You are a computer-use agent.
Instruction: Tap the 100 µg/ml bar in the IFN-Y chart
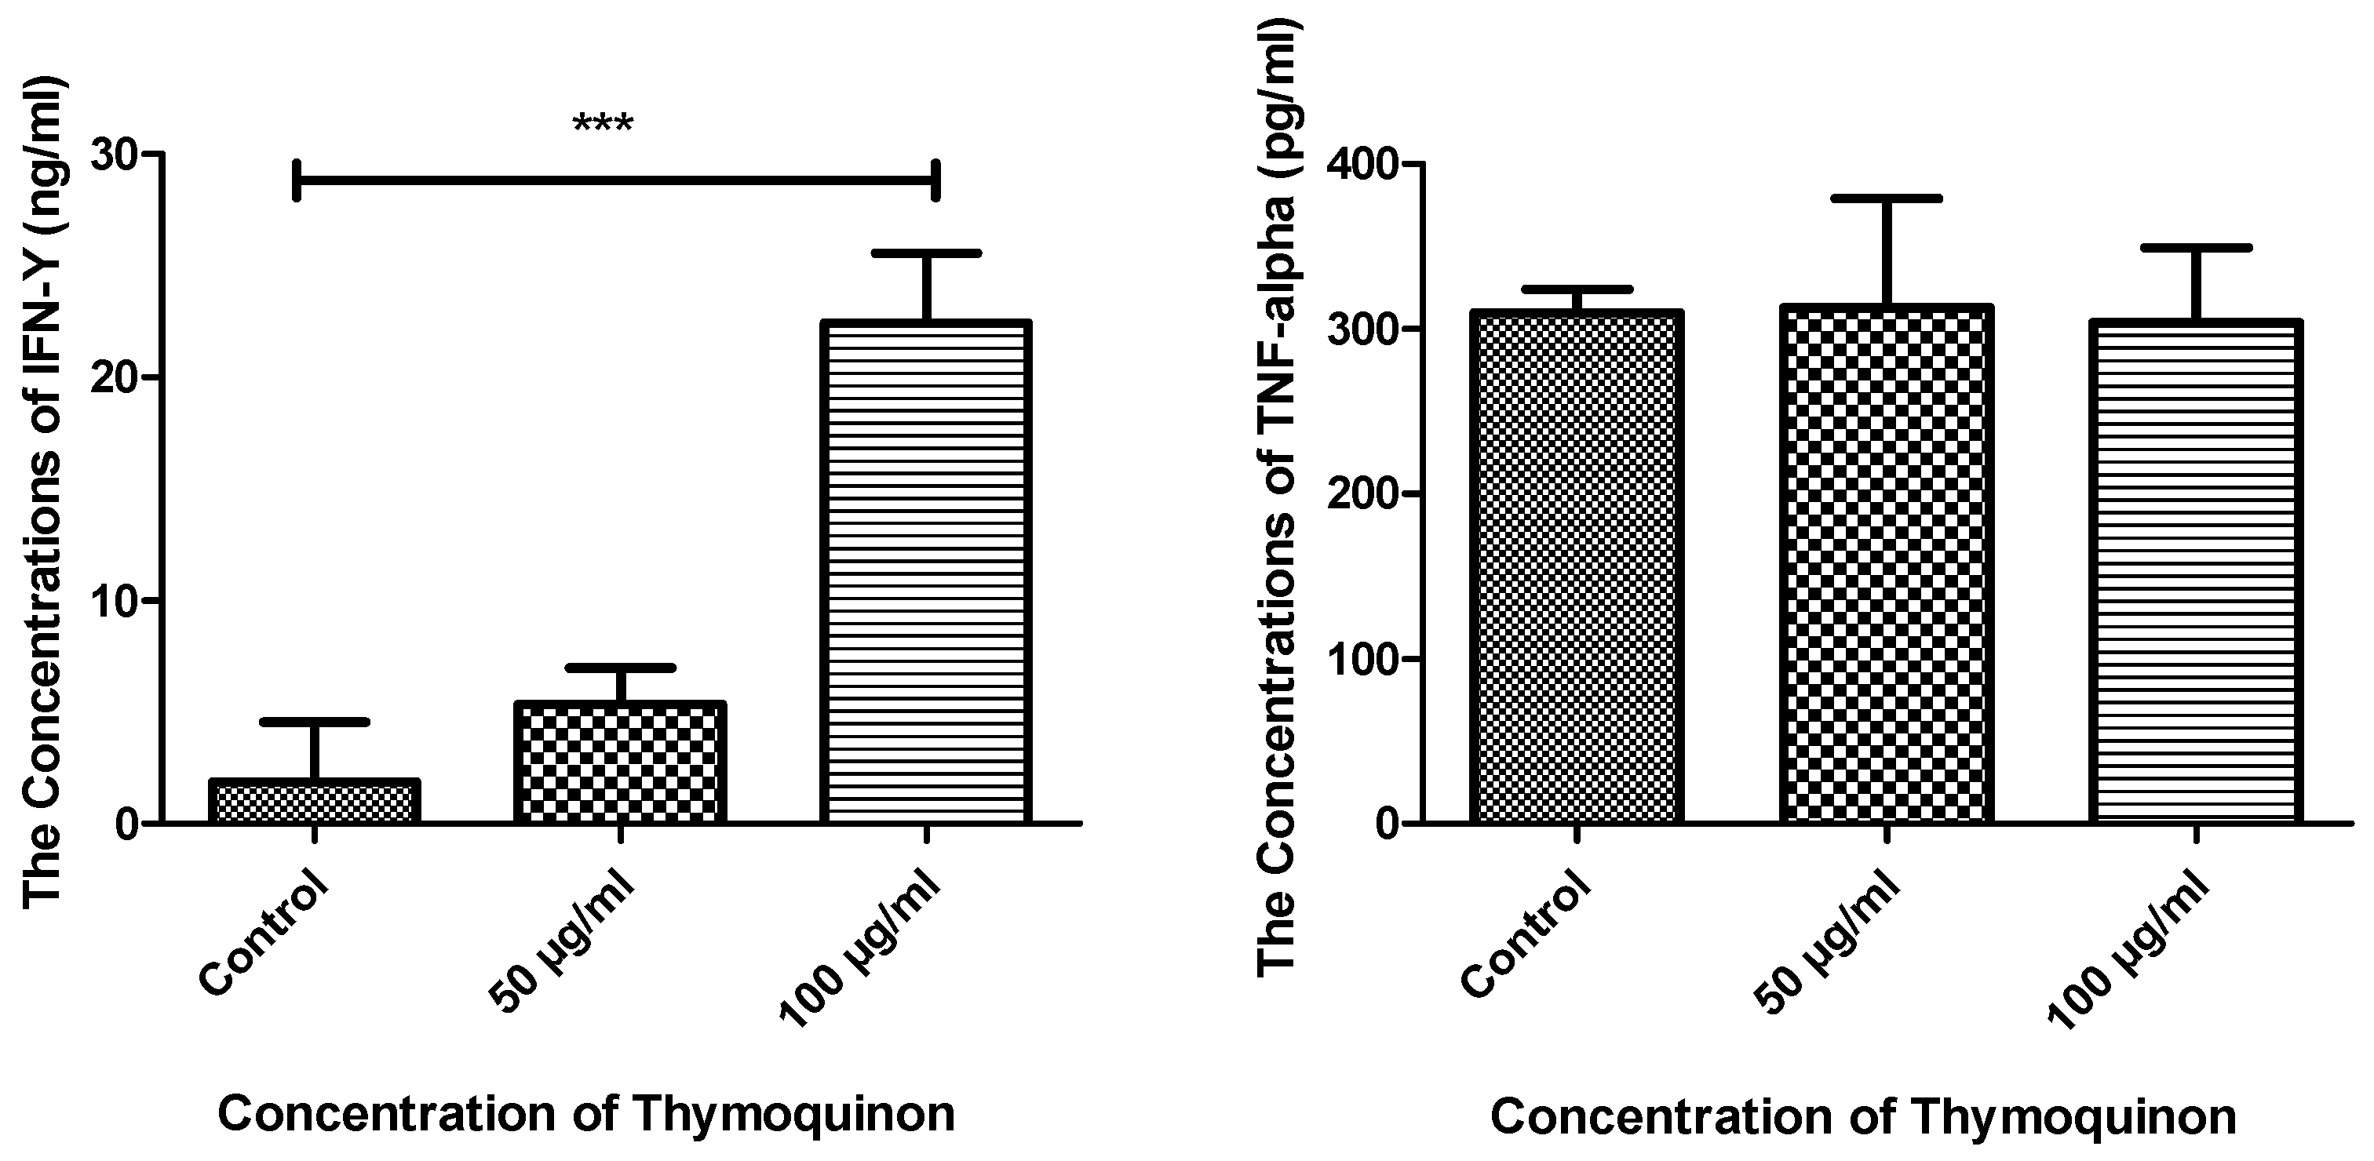[x=925, y=571]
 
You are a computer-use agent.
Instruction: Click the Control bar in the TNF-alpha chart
[x=1577, y=566]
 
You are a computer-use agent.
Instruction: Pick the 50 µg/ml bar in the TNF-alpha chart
[x=1887, y=564]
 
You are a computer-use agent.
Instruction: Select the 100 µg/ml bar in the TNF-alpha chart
[x=2196, y=571]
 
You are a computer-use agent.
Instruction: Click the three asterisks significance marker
[x=603, y=125]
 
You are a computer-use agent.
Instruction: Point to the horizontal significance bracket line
[x=615, y=180]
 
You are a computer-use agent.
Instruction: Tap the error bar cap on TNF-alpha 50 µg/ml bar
[x=1887, y=198]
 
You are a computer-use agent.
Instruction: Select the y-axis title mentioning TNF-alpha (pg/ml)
[x=1278, y=497]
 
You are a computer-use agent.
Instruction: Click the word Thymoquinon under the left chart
[x=793, y=1114]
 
